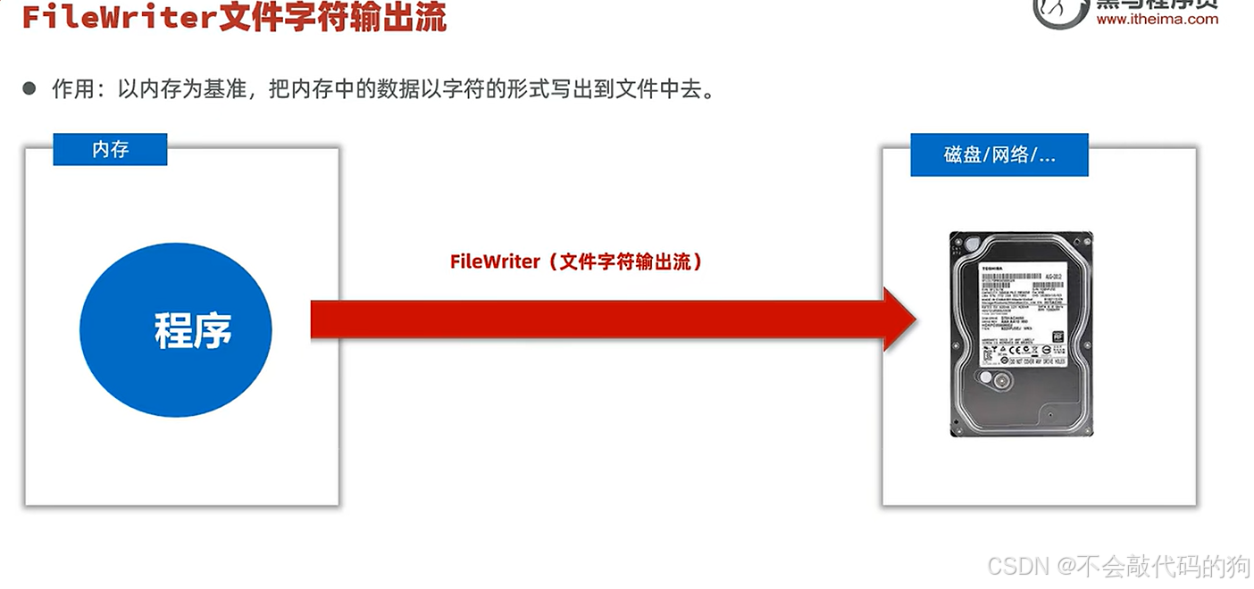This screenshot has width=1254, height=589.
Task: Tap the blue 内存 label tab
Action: [x=110, y=150]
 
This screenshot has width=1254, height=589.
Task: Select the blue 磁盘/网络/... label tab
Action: [x=999, y=155]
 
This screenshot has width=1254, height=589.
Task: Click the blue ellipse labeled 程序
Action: [x=176, y=329]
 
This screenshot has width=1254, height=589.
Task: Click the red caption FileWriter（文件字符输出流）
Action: [x=575, y=261]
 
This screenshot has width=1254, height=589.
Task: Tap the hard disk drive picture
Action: [x=1020, y=335]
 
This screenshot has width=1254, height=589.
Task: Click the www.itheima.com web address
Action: [x=1157, y=19]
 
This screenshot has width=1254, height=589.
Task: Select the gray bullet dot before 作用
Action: [x=29, y=88]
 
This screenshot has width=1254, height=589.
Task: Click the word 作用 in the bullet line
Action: [x=72, y=89]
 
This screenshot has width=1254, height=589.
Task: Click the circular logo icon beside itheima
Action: [x=1059, y=11]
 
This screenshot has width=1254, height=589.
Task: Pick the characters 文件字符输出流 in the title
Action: [x=333, y=18]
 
